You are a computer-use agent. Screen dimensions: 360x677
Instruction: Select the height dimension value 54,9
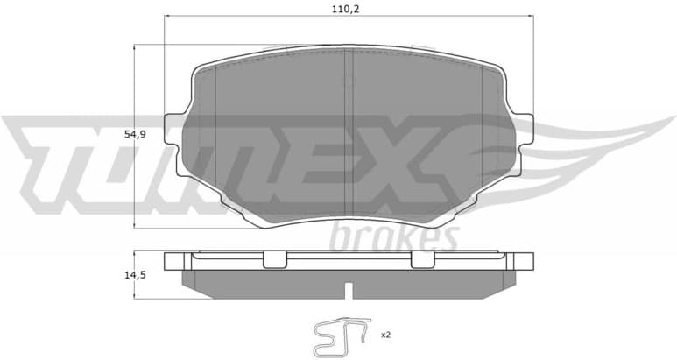coord(135,134)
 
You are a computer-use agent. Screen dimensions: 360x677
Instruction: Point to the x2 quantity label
coord(384,335)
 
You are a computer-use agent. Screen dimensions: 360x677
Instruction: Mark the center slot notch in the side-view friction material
coord(349,289)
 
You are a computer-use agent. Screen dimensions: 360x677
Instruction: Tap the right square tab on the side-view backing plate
coord(422,258)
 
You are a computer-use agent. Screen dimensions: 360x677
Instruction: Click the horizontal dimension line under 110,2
coord(349,17)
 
